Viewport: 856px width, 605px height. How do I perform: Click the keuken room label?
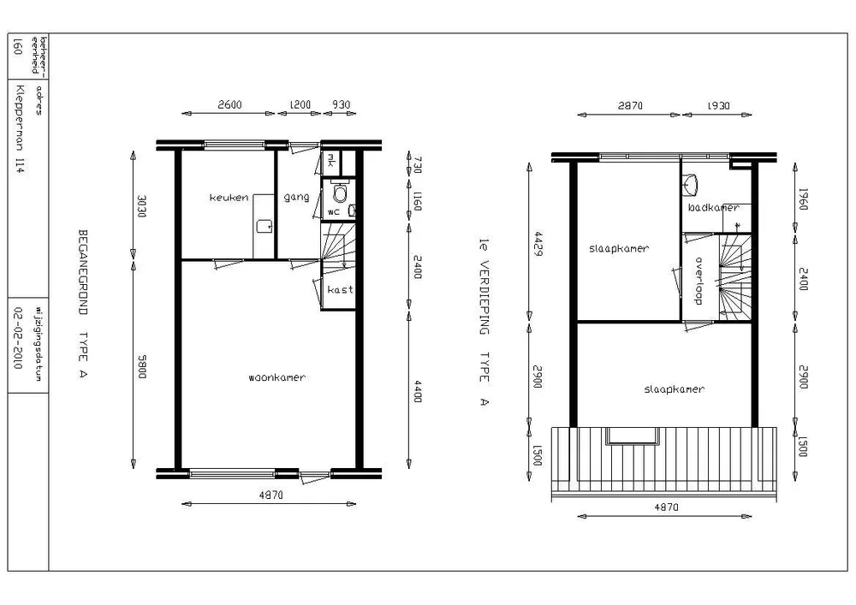229,198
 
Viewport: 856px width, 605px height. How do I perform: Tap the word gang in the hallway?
296,197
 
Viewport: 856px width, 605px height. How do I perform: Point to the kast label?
340,289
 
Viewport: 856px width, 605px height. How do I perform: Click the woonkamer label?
276,377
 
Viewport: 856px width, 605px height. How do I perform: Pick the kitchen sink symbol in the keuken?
265,226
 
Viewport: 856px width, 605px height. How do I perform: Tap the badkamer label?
713,207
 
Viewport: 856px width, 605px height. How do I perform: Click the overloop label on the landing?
698,281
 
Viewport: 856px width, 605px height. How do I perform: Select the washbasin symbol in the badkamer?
691,184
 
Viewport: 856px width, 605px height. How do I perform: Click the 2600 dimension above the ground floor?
229,104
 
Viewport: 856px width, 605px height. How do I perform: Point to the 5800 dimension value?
142,366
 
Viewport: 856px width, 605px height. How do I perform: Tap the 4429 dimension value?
538,243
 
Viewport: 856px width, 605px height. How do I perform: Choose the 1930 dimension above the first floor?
718,106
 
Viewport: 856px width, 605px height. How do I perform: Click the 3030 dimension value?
141,206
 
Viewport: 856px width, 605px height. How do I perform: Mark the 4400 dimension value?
418,391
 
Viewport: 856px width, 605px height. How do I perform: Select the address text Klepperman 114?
20,128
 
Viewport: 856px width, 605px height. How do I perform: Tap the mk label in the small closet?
330,162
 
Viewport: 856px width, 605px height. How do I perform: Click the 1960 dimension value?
803,199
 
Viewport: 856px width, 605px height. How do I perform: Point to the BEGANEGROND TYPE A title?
83,303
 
